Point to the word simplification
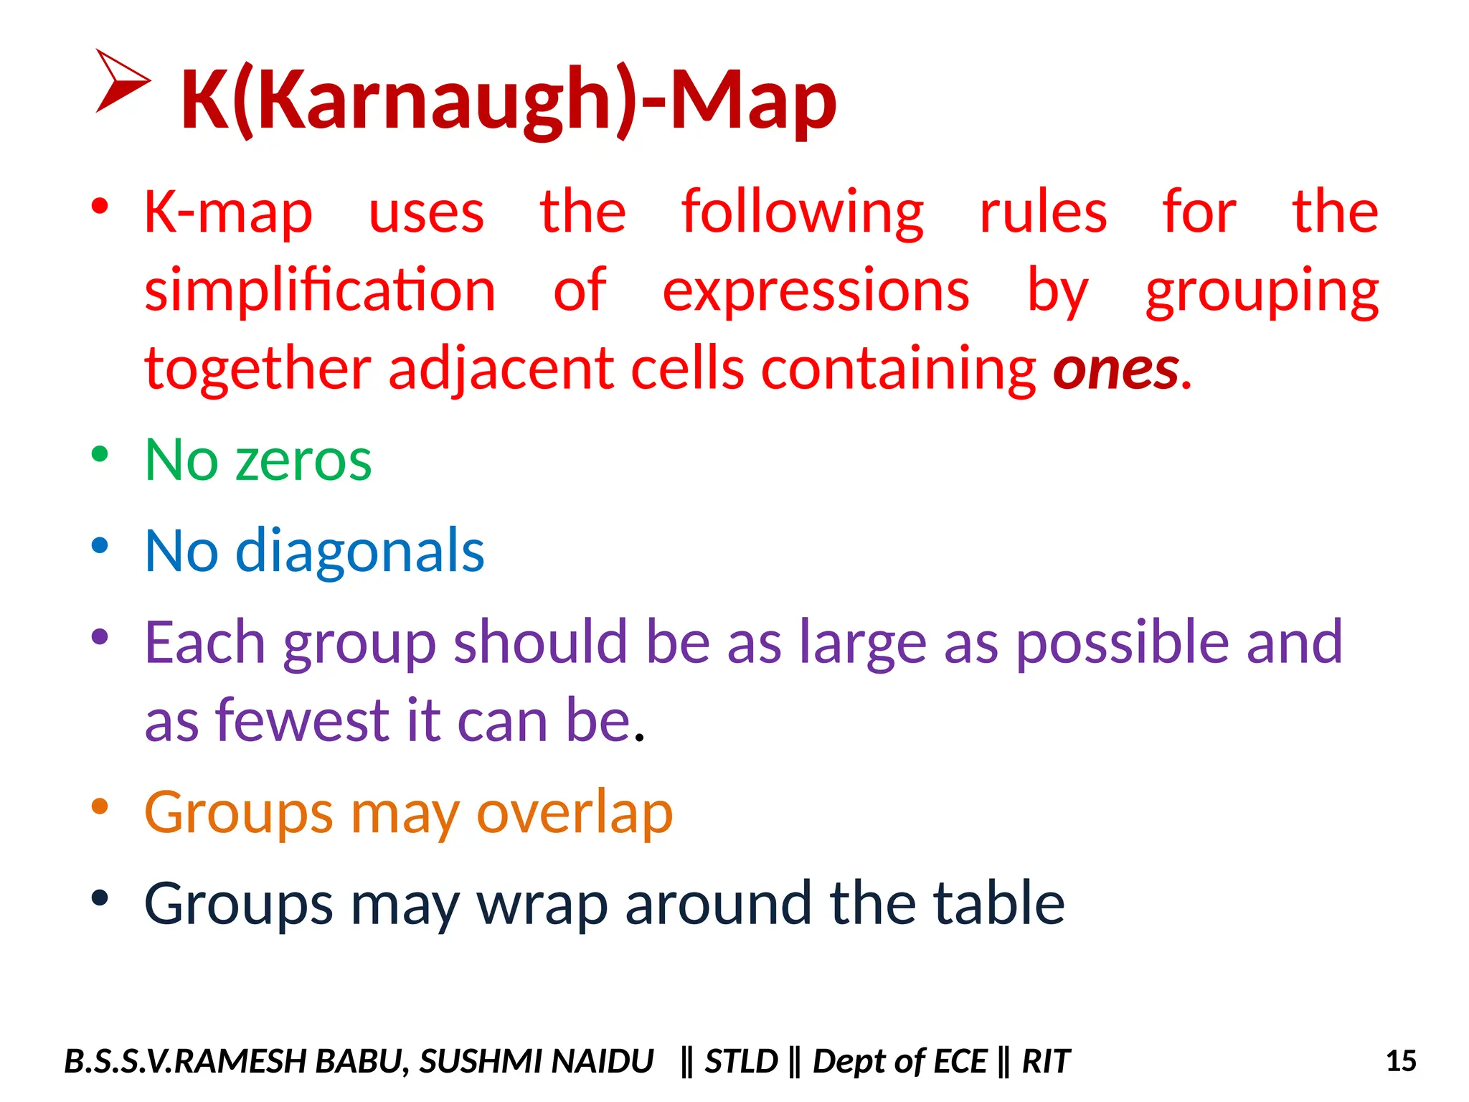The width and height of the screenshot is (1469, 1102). pos(320,290)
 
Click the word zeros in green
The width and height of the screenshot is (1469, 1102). pos(303,460)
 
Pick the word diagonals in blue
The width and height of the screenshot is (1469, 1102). pos(359,551)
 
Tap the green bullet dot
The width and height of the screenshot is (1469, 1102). pos(100,454)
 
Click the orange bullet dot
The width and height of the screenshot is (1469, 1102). pos(100,806)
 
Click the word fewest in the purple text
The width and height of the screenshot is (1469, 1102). pos(303,720)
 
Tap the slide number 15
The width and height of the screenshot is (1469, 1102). pos(1400,1061)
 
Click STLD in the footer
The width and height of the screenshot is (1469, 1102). pos(741,1061)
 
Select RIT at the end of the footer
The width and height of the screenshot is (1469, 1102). pos(1045,1061)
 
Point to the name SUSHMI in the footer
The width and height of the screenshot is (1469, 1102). pos(473,1061)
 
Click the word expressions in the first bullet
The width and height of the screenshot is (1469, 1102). pos(816,290)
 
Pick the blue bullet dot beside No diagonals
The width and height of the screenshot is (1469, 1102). pos(100,545)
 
